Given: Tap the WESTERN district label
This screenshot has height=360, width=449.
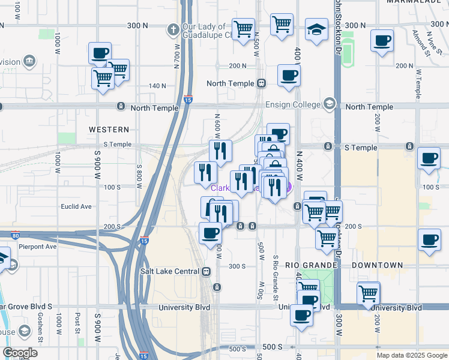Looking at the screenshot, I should pyautogui.click(x=109, y=129).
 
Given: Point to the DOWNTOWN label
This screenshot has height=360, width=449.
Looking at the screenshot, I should pyautogui.click(x=377, y=265).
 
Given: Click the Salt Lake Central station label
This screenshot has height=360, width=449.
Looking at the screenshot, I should pyautogui.click(x=170, y=271).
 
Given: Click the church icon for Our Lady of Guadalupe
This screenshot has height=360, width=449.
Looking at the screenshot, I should pyautogui.click(x=173, y=29).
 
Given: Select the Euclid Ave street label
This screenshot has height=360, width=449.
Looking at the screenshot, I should pyautogui.click(x=76, y=206).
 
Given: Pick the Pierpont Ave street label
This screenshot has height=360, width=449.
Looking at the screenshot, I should pyautogui.click(x=38, y=246).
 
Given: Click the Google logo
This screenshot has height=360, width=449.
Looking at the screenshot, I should pyautogui.click(x=20, y=353).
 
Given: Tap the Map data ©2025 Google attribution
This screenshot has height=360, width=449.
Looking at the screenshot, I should pyautogui.click(x=411, y=355).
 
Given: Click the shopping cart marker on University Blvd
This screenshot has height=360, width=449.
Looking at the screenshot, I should pyautogui.click(x=369, y=294).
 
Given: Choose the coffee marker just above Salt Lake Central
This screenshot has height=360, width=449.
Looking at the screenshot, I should pyautogui.click(x=210, y=233).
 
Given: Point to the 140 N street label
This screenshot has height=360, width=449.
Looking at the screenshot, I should pyautogui.click(x=157, y=86).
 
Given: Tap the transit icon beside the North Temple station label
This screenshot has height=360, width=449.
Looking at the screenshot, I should pyautogui.click(x=261, y=83).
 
